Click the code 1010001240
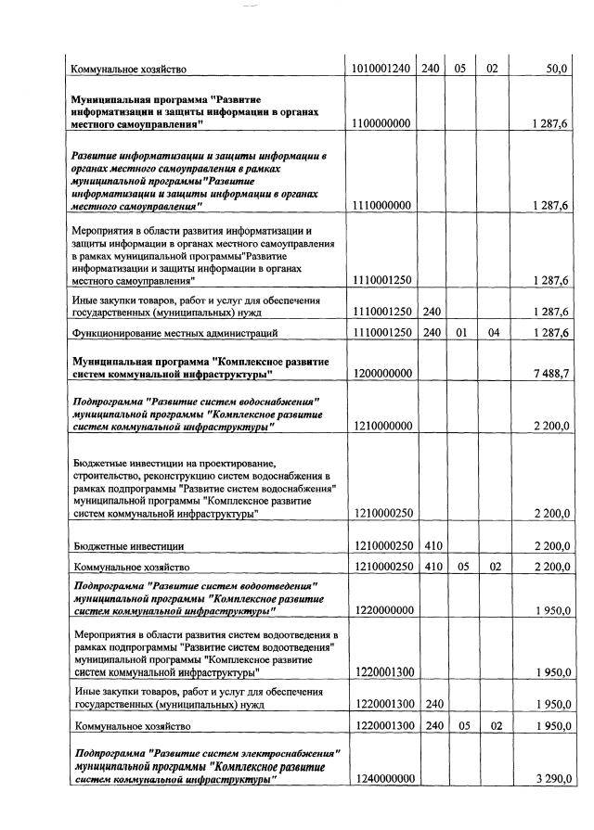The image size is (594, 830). point(381,69)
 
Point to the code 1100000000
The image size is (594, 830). point(381,123)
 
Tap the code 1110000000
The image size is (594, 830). point(381,205)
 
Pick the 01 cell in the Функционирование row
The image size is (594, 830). point(460,332)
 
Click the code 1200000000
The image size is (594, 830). point(381,373)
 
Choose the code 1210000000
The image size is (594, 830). point(381,427)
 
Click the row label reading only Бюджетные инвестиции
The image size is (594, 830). point(128,546)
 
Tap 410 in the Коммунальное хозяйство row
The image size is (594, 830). point(432,566)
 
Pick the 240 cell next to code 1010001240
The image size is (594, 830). point(432,69)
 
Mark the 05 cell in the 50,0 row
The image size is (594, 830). point(460,69)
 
